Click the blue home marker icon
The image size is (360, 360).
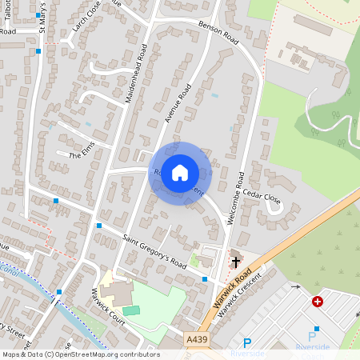coord(180,172)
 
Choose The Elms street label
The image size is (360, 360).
coord(82,154)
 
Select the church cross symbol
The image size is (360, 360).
coord(236,261)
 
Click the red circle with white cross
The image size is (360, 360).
coord(318,302)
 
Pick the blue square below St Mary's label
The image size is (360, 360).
coord(38,51)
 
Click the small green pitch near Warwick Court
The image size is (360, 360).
coord(130,310)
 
